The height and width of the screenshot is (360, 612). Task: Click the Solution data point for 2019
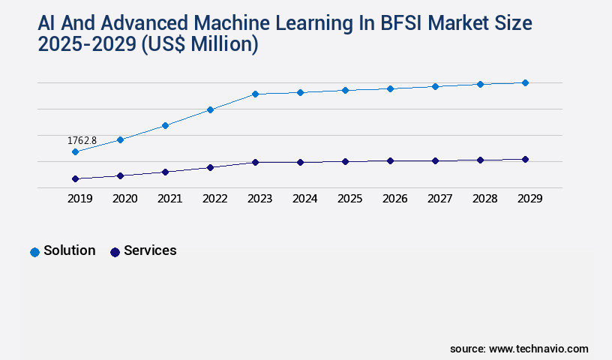pos(75,152)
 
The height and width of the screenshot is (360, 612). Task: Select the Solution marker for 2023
pos(255,94)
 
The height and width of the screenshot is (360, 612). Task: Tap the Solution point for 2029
pos(525,82)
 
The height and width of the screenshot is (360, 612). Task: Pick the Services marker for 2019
pos(75,179)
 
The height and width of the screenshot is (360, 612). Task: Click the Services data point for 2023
pos(255,162)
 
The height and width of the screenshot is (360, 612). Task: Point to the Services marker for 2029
pos(525,159)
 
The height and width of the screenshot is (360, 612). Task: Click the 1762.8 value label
pos(82,140)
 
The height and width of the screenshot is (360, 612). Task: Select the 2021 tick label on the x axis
pos(169,199)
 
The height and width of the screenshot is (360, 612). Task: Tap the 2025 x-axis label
pos(349,199)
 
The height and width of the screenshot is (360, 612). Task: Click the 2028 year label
pos(484,199)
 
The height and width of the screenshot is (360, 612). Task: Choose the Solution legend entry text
pos(69,250)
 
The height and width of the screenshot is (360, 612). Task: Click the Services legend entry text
pos(150,250)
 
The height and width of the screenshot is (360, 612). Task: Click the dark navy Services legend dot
pos(115,252)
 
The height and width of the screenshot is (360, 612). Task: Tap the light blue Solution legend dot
pos(34,252)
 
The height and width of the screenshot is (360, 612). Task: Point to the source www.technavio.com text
pos(519,349)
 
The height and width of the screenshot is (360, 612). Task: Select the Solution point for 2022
pos(210,110)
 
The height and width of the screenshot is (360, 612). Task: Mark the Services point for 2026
pos(390,160)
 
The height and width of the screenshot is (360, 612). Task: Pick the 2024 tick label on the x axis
pos(304,199)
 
